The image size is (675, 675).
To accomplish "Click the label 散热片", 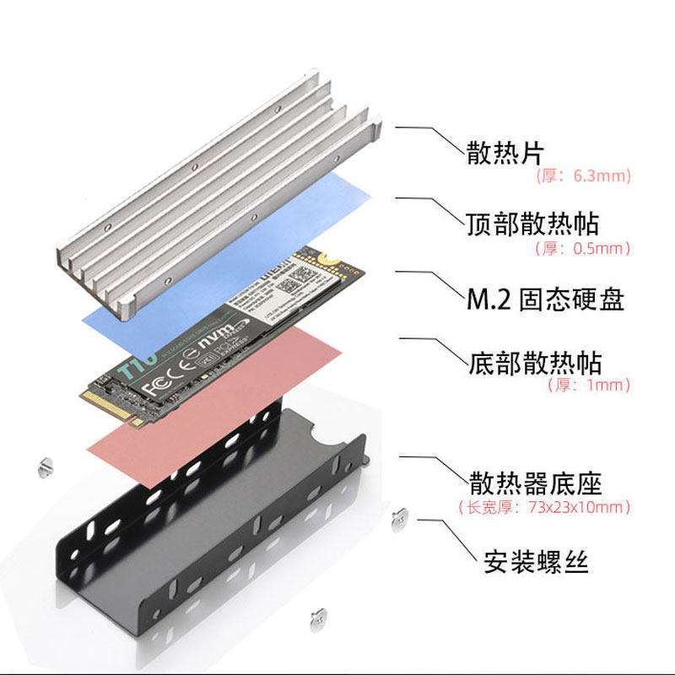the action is pyautogui.click(x=505, y=153).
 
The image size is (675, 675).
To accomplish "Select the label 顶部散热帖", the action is pyautogui.click(x=532, y=224).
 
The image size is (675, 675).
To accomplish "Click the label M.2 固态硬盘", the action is pyautogui.click(x=545, y=299).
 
